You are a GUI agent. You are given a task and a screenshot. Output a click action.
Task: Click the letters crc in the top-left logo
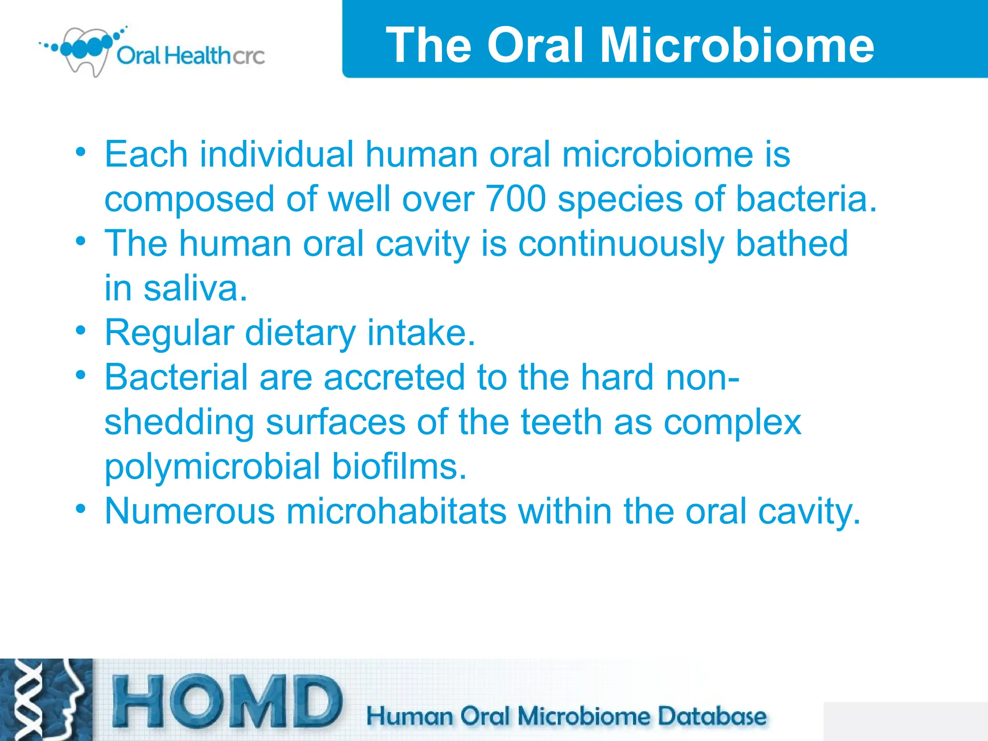[248, 56]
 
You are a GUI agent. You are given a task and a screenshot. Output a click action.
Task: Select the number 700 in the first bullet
[516, 198]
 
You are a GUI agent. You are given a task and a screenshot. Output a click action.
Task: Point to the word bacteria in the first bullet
[806, 198]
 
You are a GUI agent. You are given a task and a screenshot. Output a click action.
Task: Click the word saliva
[195, 288]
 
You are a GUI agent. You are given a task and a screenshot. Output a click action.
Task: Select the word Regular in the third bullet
[169, 333]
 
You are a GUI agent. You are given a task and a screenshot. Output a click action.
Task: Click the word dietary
[300, 333]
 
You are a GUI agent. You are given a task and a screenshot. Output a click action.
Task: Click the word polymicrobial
[212, 467]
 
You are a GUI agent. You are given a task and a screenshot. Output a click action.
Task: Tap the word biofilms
[399, 467]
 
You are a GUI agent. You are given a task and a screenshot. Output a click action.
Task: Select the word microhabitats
[397, 511]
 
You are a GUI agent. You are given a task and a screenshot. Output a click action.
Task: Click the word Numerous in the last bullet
[190, 511]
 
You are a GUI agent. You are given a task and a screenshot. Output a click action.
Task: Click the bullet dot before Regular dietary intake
[81, 331]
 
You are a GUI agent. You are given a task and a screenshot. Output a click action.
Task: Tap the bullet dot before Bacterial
[81, 375]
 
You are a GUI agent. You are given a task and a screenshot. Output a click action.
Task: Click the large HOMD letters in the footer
[227, 702]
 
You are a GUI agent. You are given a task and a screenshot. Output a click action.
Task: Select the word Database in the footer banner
[712, 716]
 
